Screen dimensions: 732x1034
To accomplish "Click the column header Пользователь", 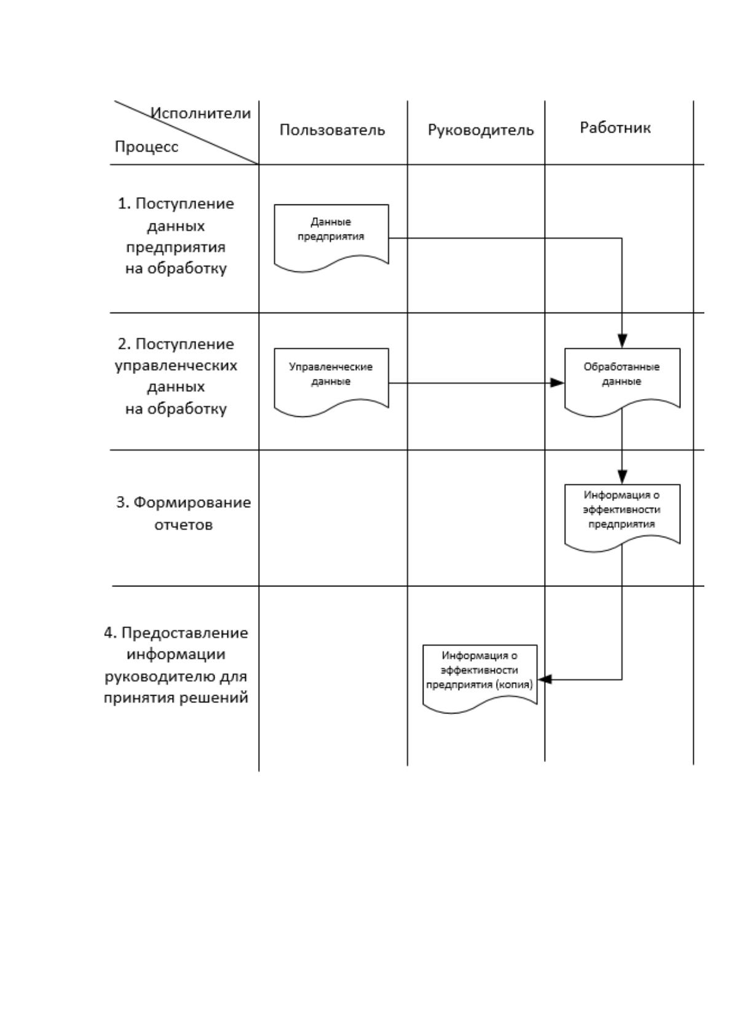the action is click(332, 130).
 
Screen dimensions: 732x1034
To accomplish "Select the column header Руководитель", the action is click(481, 130).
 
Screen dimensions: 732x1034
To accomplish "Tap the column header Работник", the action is click(615, 128).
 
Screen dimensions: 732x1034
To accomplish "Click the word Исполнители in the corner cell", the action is click(201, 113).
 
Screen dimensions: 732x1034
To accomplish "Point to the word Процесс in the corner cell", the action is click(146, 147).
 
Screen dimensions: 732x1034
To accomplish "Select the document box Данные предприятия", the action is click(331, 238).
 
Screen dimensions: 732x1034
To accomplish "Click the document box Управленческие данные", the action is click(331, 382).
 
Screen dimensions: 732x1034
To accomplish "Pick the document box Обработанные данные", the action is click(622, 382).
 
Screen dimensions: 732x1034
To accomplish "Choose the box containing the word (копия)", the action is click(480, 678).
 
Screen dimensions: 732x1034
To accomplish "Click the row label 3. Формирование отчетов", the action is click(184, 513).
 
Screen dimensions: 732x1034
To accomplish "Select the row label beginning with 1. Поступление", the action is click(176, 236).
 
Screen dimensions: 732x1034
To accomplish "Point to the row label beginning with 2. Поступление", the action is click(176, 376).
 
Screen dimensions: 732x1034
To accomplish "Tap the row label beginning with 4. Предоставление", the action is click(176, 665).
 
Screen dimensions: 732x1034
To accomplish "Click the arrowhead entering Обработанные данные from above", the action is click(622, 341).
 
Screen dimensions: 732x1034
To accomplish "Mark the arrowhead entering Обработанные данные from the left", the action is click(557, 383).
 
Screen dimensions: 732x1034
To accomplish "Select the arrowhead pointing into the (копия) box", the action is click(545, 679).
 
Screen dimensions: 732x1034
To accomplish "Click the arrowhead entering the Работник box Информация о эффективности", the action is click(622, 477).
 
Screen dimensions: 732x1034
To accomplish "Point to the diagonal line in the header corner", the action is click(186, 133).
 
